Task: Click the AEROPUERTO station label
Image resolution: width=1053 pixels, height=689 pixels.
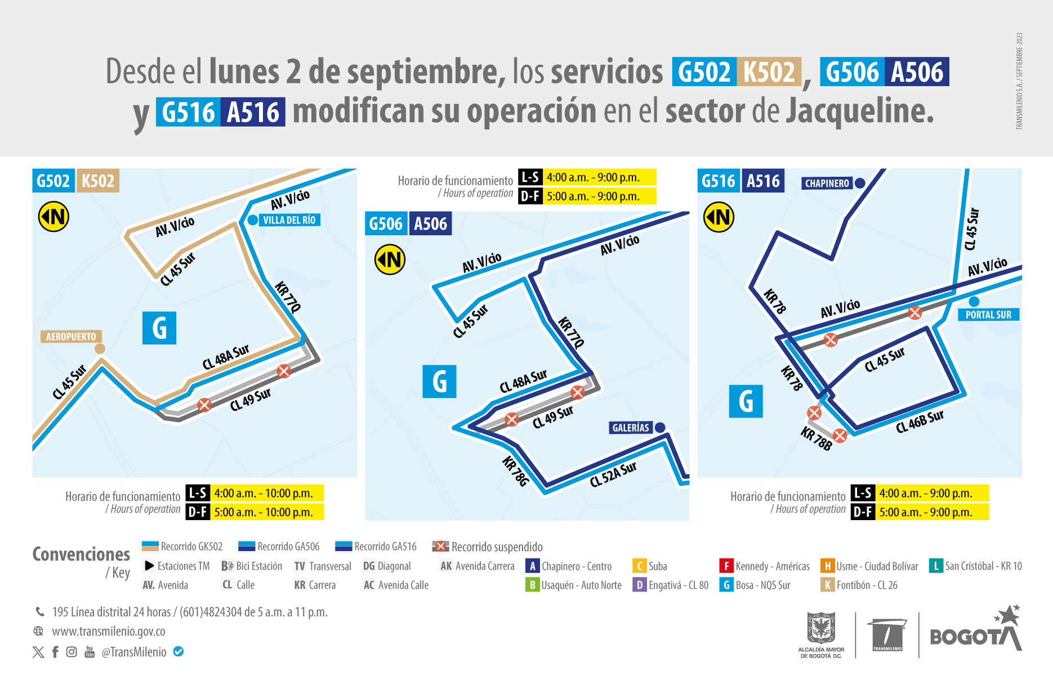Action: [x=71, y=337]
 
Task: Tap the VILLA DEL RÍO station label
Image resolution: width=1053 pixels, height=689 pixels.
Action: [x=289, y=220]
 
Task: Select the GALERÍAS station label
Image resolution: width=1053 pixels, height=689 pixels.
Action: [x=631, y=428]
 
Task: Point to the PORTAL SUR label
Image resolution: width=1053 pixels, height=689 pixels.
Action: [x=988, y=315]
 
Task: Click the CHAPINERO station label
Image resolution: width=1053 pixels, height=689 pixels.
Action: [x=827, y=184]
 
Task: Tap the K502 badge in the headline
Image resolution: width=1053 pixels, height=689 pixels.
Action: [x=769, y=72]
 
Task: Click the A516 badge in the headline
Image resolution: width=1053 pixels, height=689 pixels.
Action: [x=253, y=112]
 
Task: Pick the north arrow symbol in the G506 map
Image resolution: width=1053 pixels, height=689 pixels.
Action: [x=390, y=260]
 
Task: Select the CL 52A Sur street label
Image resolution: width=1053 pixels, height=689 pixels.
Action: [x=613, y=474]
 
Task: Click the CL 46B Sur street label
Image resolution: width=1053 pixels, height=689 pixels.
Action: [x=920, y=422]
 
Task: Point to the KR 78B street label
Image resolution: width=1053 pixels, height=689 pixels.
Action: [x=816, y=439]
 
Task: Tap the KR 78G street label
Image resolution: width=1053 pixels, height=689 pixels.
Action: [x=515, y=471]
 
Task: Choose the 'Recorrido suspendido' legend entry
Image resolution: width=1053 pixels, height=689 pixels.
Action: [x=488, y=547]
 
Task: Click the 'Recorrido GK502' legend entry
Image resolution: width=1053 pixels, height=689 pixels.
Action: [x=182, y=547]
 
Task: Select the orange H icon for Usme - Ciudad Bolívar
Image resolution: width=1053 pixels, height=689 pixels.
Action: [x=827, y=566]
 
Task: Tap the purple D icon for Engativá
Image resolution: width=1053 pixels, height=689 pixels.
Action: [x=639, y=585]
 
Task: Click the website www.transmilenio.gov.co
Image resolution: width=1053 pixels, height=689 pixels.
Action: [x=109, y=632]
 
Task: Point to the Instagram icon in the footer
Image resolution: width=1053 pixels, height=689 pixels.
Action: [x=72, y=652]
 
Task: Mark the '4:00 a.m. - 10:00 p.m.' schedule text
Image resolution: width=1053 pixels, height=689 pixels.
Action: [x=264, y=493]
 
